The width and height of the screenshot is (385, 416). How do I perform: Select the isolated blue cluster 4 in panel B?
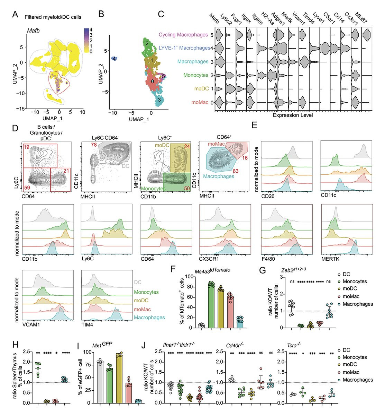point(113,59)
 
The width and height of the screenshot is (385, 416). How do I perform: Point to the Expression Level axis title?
point(293,115)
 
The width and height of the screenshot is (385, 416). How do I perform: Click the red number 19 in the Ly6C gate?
point(26,147)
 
